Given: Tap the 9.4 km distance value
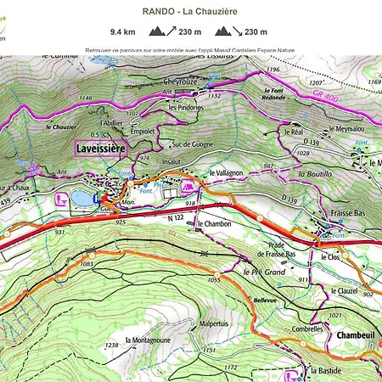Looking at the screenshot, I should pos(122,32).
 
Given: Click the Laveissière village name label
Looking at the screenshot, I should pos(101,147).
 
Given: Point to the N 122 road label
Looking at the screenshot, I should pos(176,218).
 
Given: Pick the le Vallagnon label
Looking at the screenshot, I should pos(228,171).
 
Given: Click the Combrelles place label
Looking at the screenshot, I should pos(308,327).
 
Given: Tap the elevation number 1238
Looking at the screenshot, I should pos(111,345).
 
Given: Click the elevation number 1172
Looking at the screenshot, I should pos(230,367).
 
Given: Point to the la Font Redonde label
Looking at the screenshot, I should pos(273,94).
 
